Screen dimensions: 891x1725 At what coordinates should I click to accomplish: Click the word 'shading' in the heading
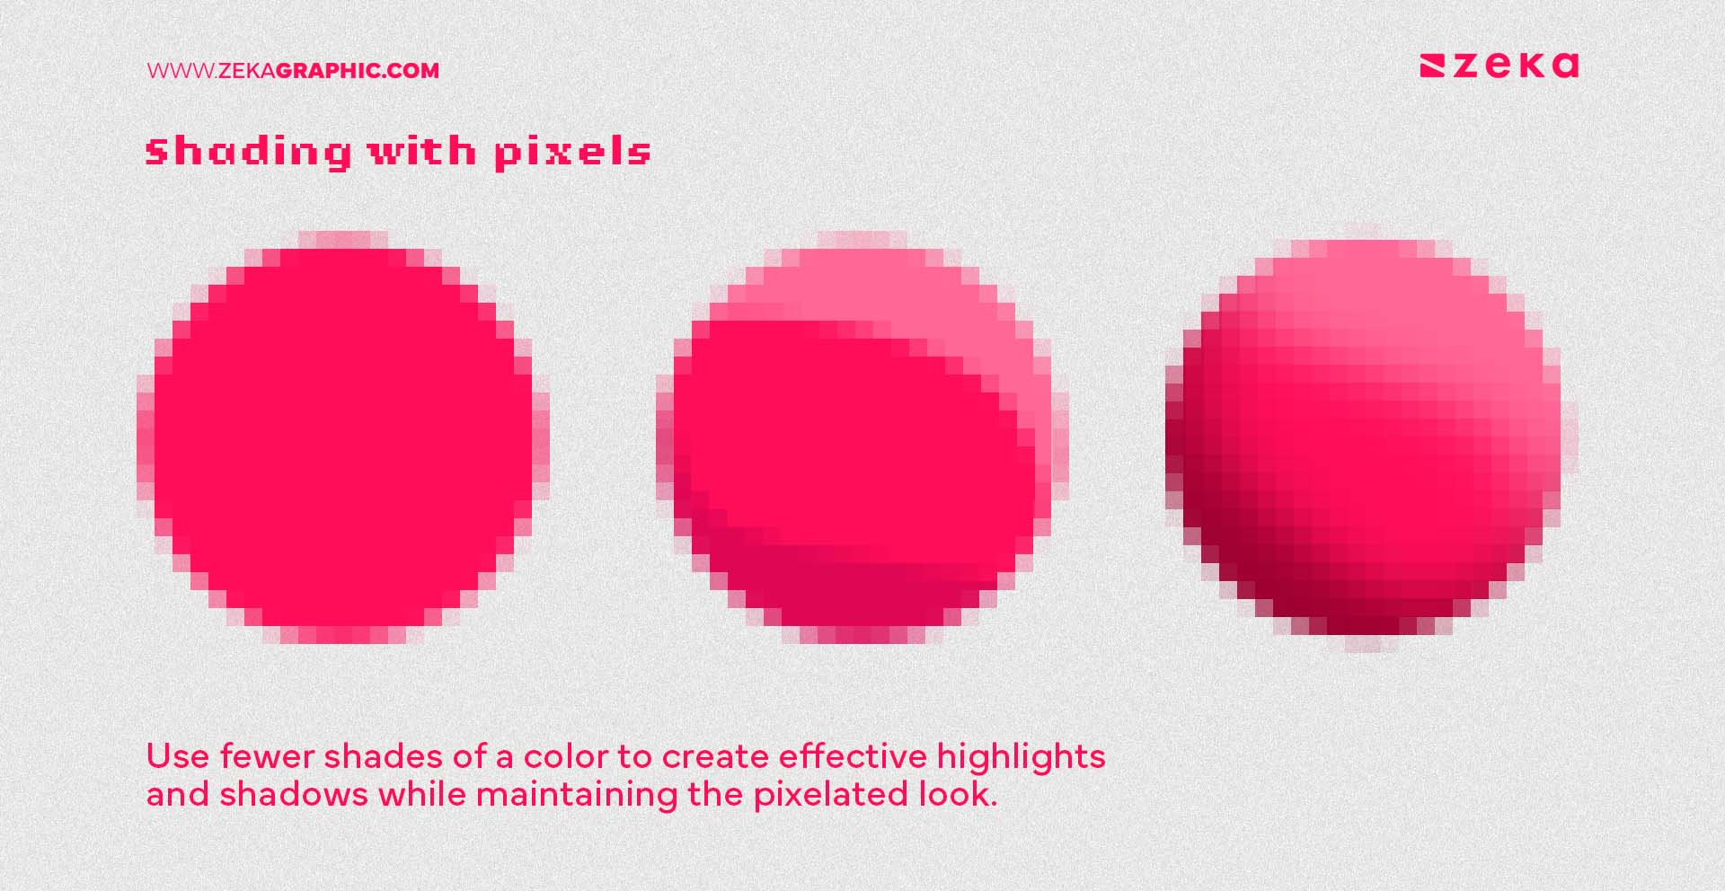(247, 152)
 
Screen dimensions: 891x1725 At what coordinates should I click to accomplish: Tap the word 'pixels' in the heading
(572, 152)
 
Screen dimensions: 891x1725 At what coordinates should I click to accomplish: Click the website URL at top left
(293, 71)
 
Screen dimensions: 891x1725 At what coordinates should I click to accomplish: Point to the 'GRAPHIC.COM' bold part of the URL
(357, 71)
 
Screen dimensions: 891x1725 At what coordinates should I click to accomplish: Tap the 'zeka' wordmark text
(1517, 66)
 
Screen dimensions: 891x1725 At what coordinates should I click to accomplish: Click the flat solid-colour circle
(342, 437)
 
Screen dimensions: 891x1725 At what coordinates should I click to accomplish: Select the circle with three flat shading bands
(862, 437)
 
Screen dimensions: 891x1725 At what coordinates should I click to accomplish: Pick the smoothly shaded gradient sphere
(1370, 437)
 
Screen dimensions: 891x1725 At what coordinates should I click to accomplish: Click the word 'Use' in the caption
(178, 756)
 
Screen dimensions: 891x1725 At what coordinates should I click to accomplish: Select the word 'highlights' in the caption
(1021, 758)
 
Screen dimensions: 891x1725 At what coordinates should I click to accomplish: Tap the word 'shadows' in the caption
(294, 795)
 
